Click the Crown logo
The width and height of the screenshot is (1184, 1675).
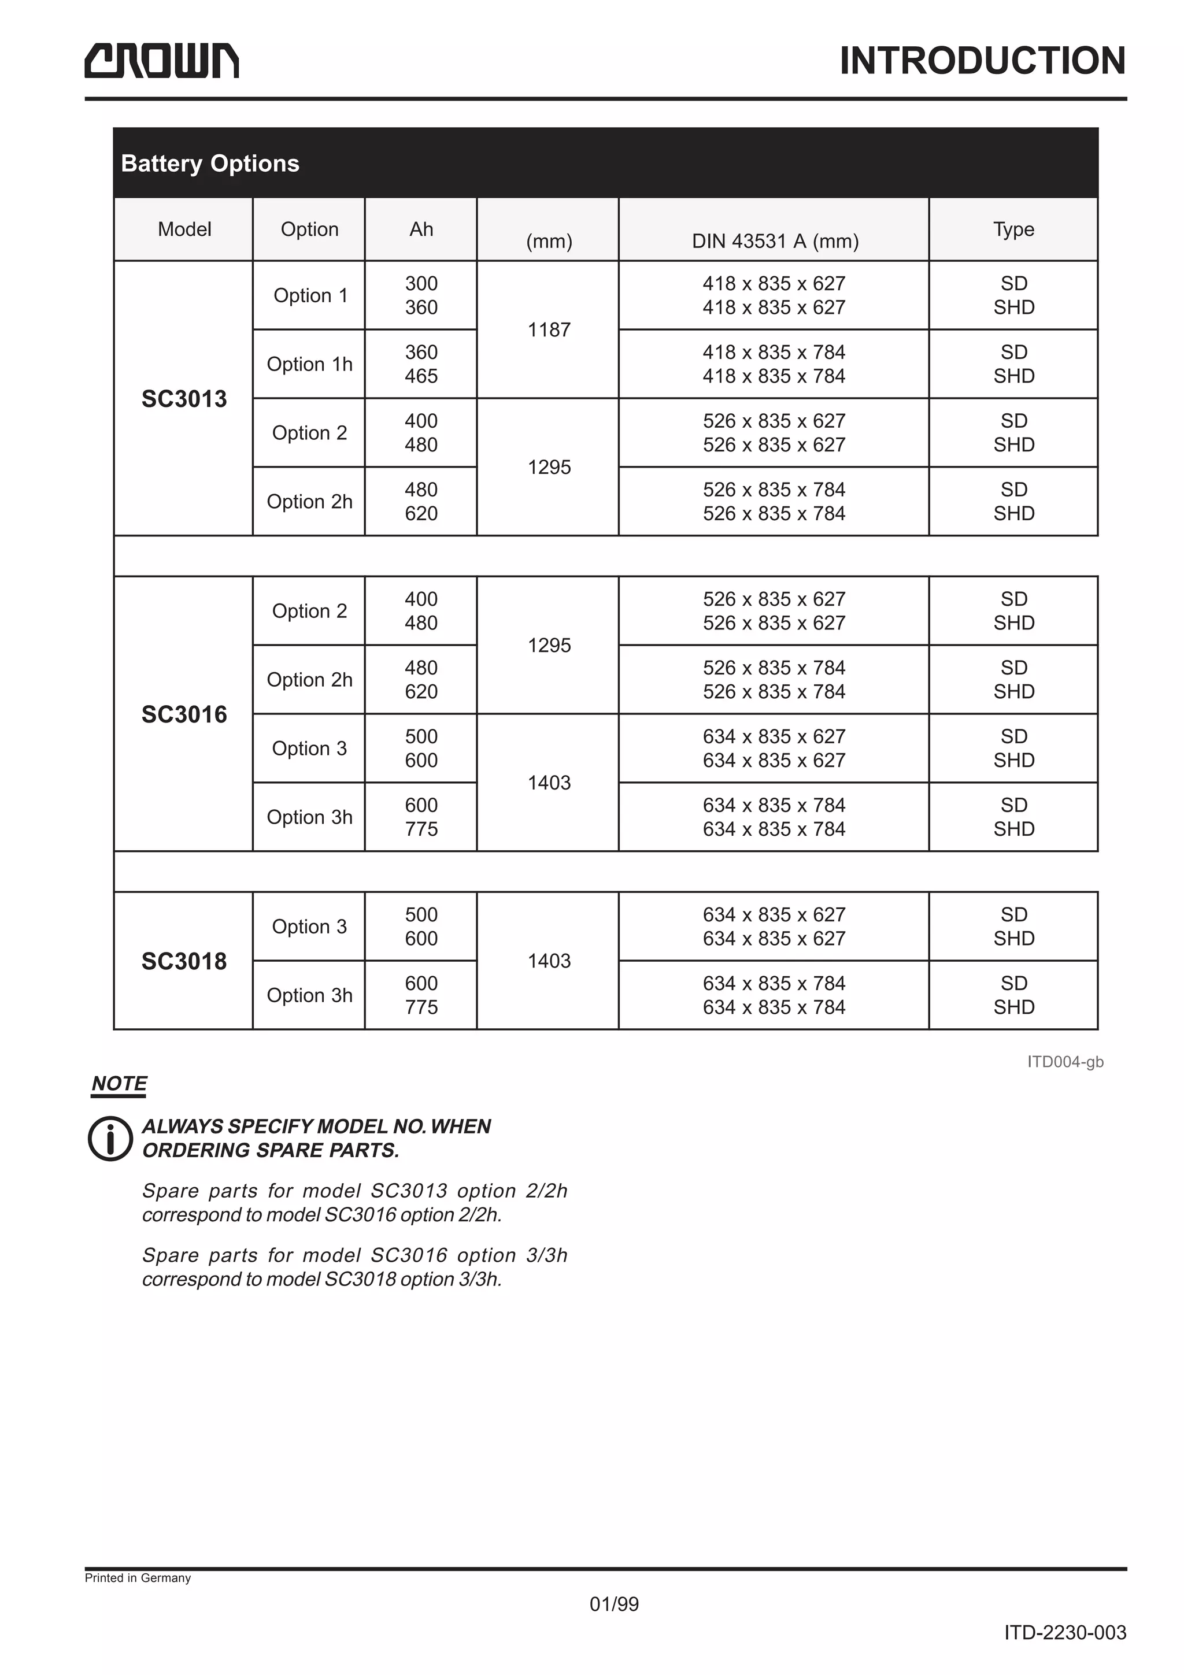point(161,61)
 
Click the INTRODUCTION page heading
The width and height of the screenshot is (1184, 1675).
point(982,61)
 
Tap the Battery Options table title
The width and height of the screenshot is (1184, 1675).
point(210,164)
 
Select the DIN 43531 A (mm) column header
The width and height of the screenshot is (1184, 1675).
point(775,241)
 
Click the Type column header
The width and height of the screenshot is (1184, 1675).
point(1013,229)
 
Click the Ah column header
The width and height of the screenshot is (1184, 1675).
point(421,229)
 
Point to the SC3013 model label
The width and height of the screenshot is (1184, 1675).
point(184,399)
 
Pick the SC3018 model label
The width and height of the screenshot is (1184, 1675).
point(184,961)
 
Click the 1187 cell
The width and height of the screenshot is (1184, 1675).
point(549,330)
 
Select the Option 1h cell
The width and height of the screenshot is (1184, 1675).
point(309,364)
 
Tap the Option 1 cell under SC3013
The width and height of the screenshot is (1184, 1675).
point(309,295)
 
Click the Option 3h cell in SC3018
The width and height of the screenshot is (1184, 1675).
point(309,995)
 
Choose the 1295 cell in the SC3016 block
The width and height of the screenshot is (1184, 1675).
point(549,645)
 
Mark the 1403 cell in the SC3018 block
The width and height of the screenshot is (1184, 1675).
point(549,961)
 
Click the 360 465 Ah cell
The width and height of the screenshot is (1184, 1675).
point(421,364)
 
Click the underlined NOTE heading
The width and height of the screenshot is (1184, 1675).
point(119,1083)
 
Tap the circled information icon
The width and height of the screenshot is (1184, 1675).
point(110,1138)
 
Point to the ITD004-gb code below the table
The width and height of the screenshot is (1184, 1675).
point(1064,1061)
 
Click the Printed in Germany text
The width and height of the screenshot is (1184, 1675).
point(138,1578)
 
